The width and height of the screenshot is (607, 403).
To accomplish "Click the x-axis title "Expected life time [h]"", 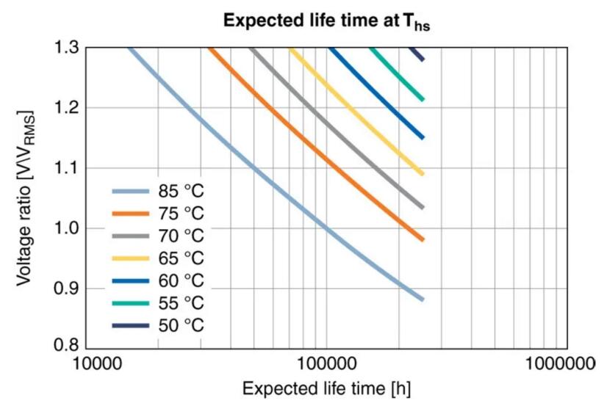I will click(327, 388).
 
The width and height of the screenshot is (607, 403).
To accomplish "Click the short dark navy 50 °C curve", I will click(417, 54).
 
